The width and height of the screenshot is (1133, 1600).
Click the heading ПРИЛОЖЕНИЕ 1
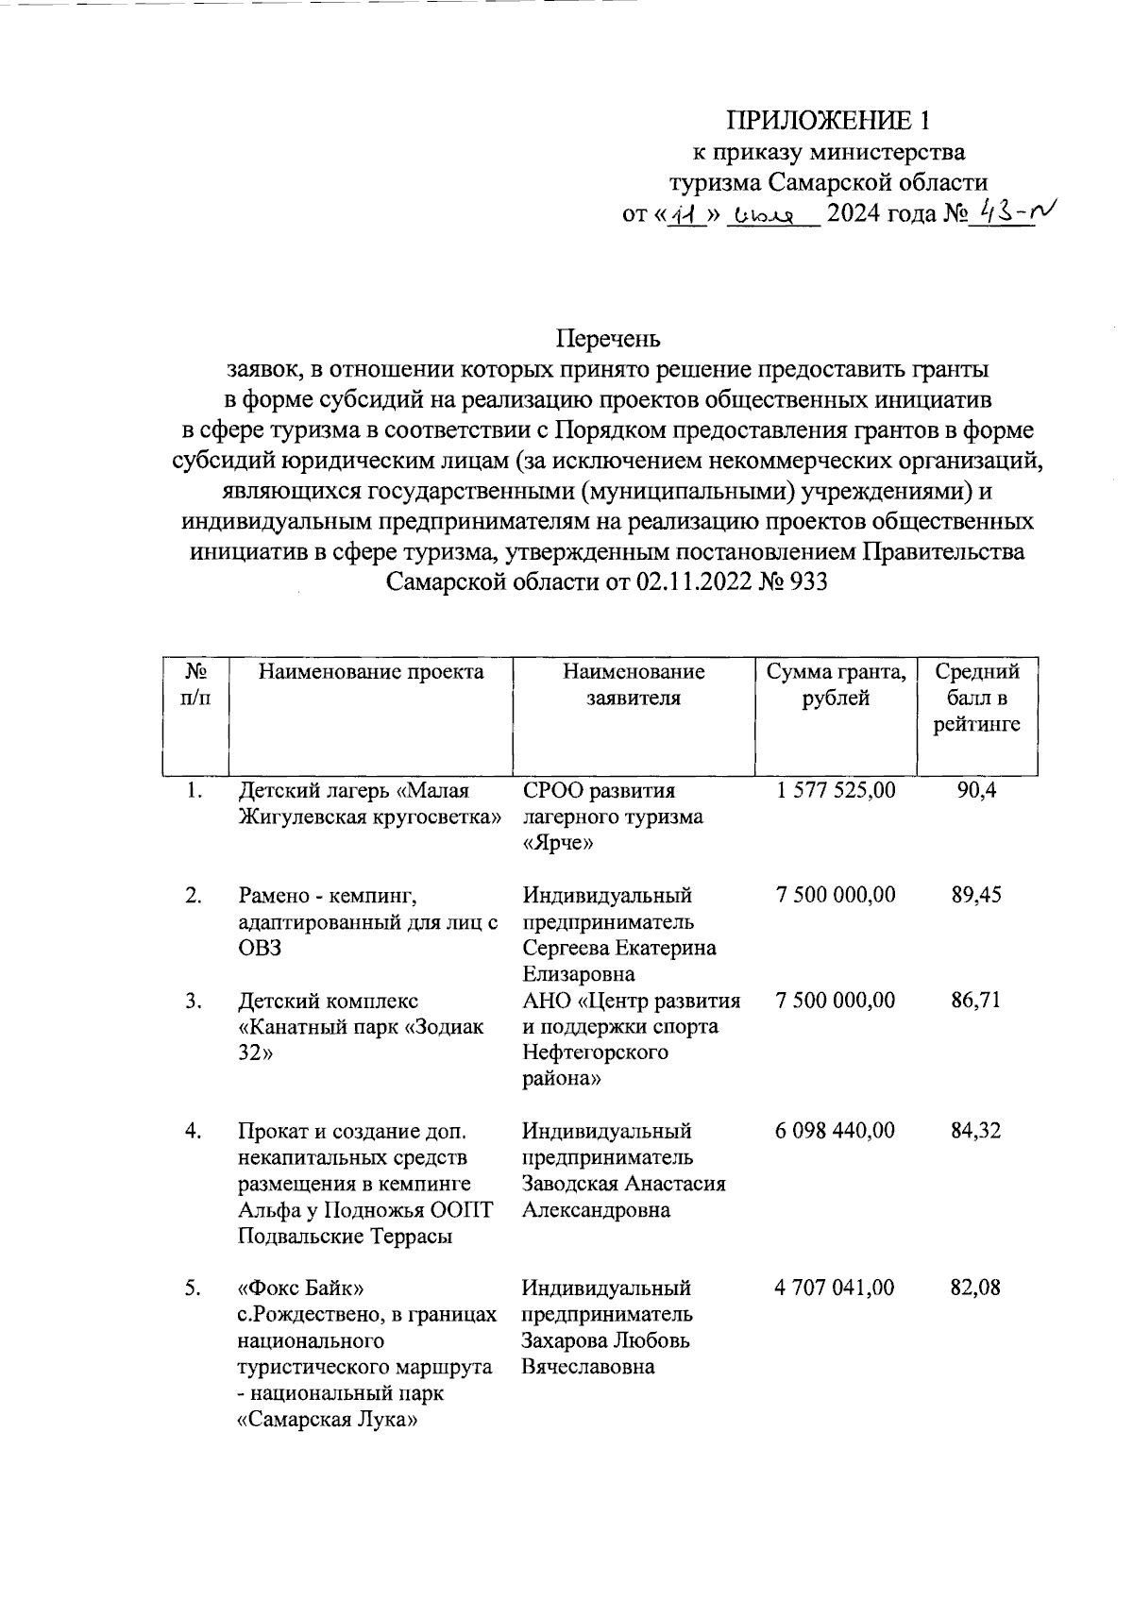coord(828,120)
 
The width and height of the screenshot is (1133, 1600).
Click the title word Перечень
coord(608,338)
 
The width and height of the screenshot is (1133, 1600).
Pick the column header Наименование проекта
coord(371,672)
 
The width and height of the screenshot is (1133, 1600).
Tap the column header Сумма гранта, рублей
coord(836,685)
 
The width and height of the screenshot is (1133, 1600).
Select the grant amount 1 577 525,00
coord(836,790)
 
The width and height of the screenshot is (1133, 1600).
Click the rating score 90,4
coord(976,790)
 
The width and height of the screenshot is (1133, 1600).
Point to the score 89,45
coord(976,895)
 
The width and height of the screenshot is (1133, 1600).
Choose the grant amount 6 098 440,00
coord(836,1131)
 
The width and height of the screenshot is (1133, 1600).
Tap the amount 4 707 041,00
coord(836,1288)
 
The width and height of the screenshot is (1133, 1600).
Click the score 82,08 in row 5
coord(976,1288)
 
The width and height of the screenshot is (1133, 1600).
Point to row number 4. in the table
coord(194,1131)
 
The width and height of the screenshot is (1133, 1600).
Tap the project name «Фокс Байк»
coord(300,1288)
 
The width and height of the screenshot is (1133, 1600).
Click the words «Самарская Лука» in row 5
coord(327,1420)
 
